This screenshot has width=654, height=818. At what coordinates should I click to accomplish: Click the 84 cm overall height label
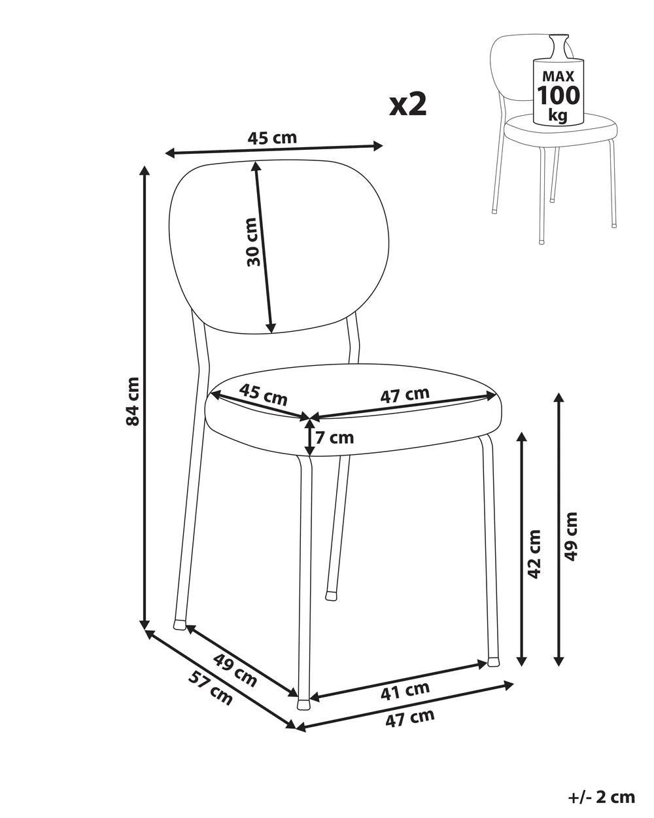[133, 401]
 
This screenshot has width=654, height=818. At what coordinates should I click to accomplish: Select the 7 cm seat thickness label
[334, 438]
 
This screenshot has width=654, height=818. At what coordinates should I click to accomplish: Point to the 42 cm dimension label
[535, 554]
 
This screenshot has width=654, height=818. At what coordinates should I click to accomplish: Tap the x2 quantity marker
[408, 105]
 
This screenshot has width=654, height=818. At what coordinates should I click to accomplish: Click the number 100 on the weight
[559, 95]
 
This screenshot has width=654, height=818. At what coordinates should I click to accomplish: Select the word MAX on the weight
[559, 77]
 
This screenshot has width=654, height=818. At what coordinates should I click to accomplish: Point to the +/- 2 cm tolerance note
[602, 787]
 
